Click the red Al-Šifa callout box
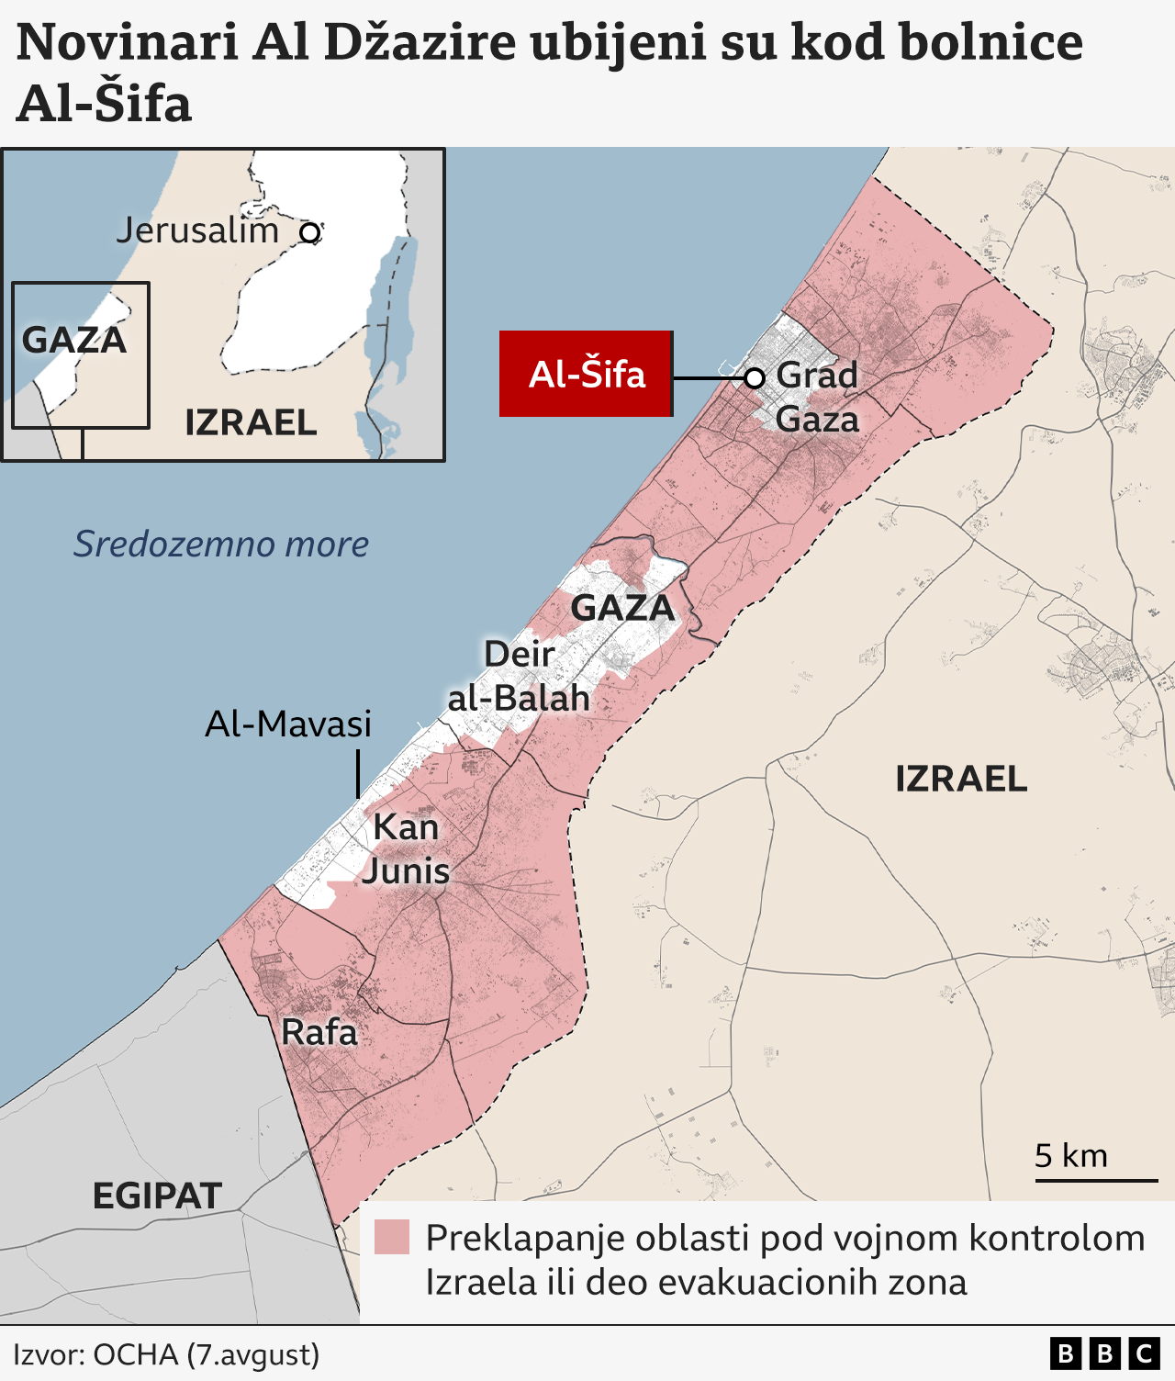[x=586, y=374]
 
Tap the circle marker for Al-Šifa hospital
[x=755, y=378]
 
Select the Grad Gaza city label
[x=817, y=397]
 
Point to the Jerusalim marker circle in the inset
[x=310, y=233]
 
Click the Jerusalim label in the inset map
[x=197, y=230]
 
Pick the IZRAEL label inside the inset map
[x=251, y=422]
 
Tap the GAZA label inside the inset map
[x=74, y=340]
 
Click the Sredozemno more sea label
[x=221, y=544]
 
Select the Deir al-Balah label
[x=519, y=676]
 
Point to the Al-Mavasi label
[x=288, y=724]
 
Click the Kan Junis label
[x=406, y=848]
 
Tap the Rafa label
[x=319, y=1032]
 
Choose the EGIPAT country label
[x=157, y=1196]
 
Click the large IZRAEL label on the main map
[x=961, y=779]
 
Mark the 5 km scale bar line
[x=1096, y=1181]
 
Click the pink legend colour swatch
[x=392, y=1237]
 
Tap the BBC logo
[x=1104, y=1353]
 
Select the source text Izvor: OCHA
[x=166, y=1354]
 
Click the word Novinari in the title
[x=128, y=42]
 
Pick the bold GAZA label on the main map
[x=622, y=608]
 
